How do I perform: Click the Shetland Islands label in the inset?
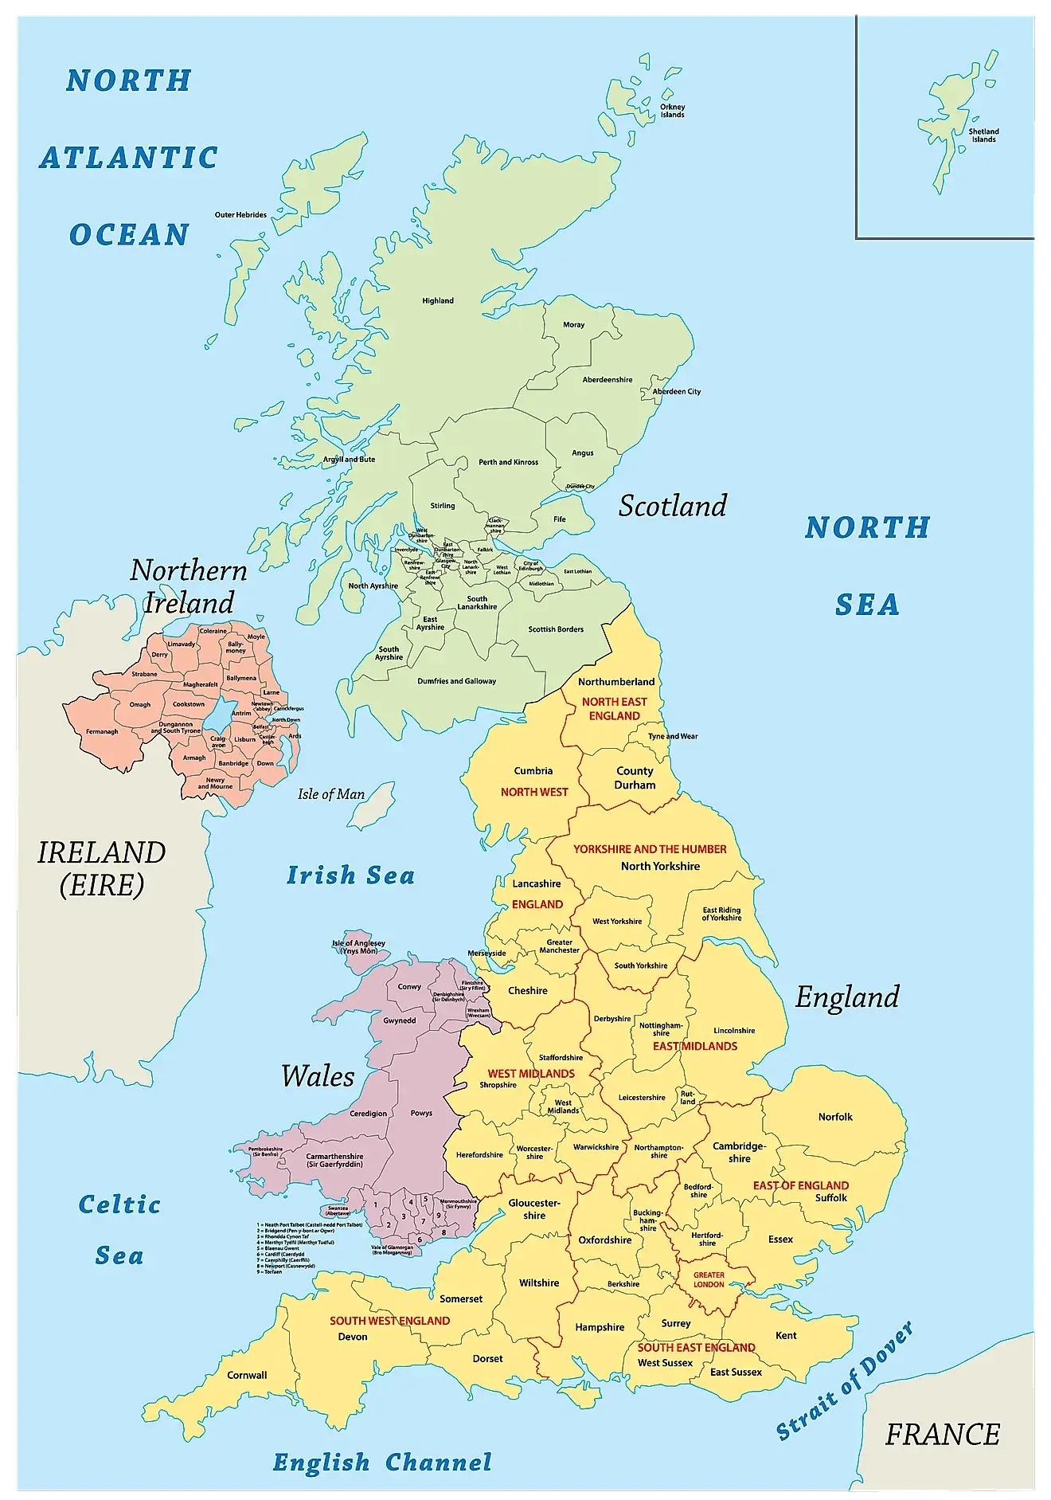983,135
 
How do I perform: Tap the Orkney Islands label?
672,111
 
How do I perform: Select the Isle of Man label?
331,794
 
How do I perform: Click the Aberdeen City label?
677,392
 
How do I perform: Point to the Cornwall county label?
247,1375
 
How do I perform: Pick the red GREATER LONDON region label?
709,1279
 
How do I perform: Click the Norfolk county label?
835,1117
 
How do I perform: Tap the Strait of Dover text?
845,1381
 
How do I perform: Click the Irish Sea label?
350,875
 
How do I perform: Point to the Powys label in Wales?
421,1114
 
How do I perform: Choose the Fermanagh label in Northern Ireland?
102,731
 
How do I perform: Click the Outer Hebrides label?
240,215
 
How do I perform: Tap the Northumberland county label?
616,682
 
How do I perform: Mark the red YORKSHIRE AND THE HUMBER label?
650,849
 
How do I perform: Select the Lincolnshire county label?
734,1031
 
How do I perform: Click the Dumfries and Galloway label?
456,681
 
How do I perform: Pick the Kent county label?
786,1335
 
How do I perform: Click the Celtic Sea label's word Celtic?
119,1204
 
